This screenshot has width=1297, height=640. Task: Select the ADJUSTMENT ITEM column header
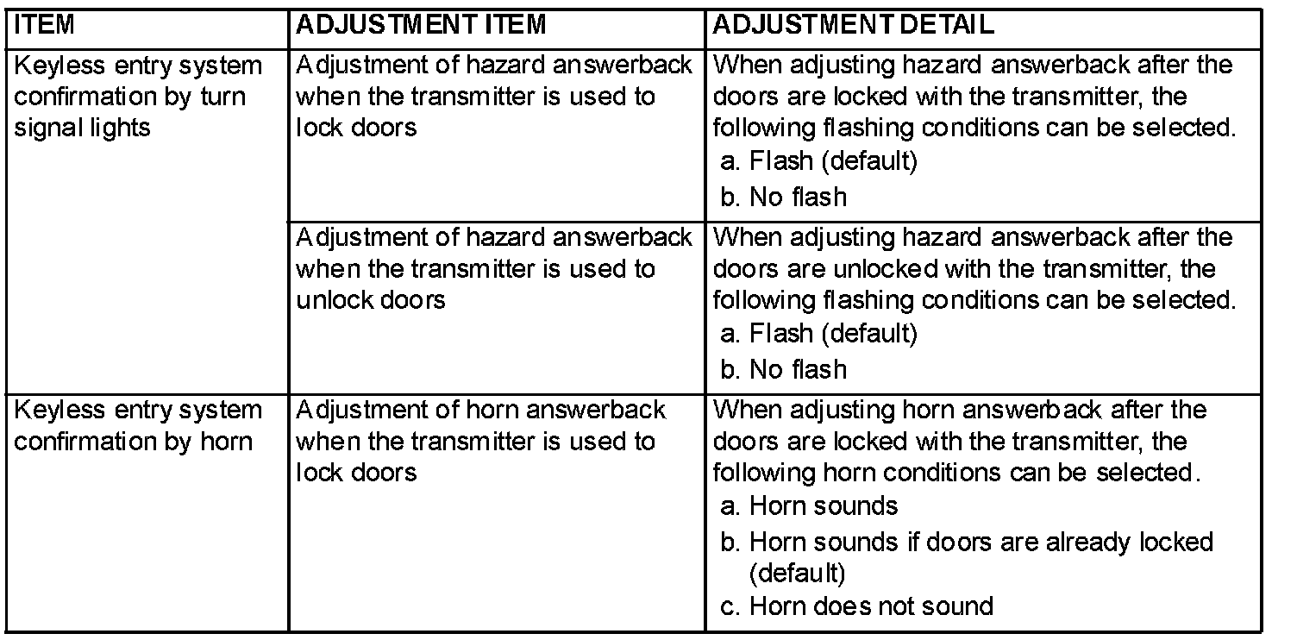coord(421,24)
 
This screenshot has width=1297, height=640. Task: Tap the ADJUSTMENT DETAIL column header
coord(853,24)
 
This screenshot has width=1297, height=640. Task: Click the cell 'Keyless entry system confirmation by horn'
coord(139,426)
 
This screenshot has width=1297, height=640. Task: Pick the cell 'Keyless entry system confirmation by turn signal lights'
coord(139,97)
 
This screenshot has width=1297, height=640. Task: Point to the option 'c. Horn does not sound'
coord(856,605)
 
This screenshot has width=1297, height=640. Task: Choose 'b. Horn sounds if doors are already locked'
coord(967,543)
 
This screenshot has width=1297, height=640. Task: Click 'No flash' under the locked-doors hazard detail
coord(784,198)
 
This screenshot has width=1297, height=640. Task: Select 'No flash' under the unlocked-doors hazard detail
coord(784,370)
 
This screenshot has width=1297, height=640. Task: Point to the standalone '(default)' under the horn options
coord(798,574)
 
